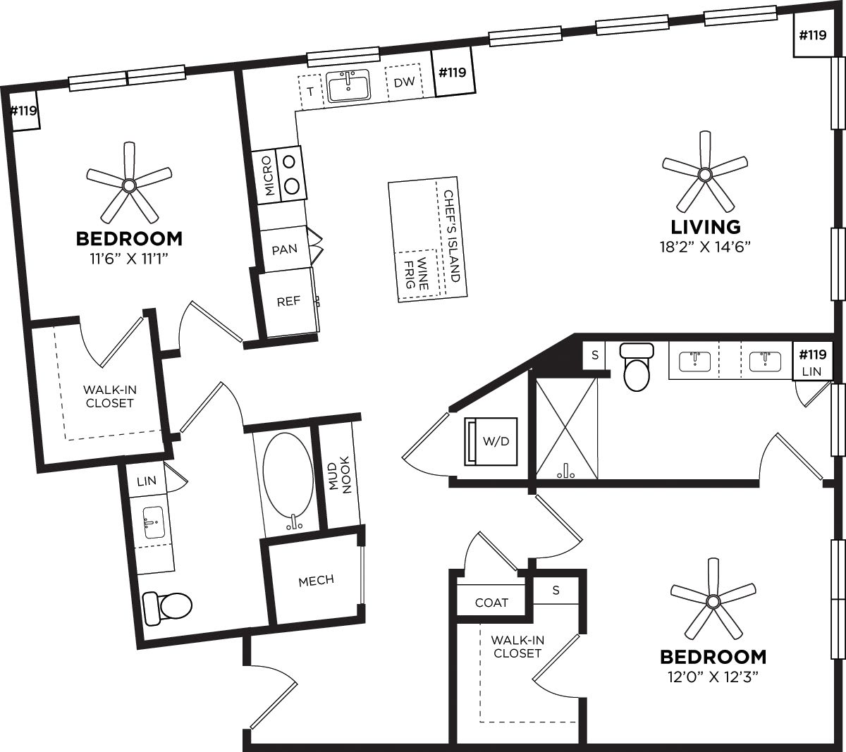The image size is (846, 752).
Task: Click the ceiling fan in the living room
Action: [704, 173]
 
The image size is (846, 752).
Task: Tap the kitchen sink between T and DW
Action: [349, 87]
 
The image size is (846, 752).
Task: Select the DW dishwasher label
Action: [403, 82]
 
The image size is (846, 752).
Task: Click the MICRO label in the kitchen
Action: [269, 175]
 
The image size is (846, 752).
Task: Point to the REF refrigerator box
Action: [288, 302]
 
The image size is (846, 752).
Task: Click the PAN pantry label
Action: [284, 249]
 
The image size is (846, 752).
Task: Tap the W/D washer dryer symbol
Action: [491, 442]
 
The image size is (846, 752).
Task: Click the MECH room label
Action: [316, 580]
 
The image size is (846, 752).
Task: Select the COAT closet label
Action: [491, 603]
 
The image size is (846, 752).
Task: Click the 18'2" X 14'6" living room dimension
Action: [706, 247]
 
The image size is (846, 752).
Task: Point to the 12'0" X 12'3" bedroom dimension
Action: [713, 677]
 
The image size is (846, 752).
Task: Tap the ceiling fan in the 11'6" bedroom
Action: [128, 185]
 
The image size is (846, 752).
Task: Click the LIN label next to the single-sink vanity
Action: [147, 481]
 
